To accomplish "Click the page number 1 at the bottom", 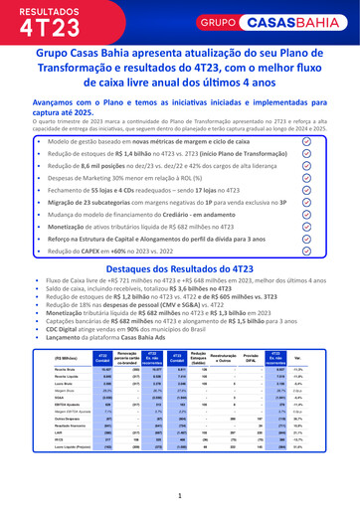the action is pos(180,495).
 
